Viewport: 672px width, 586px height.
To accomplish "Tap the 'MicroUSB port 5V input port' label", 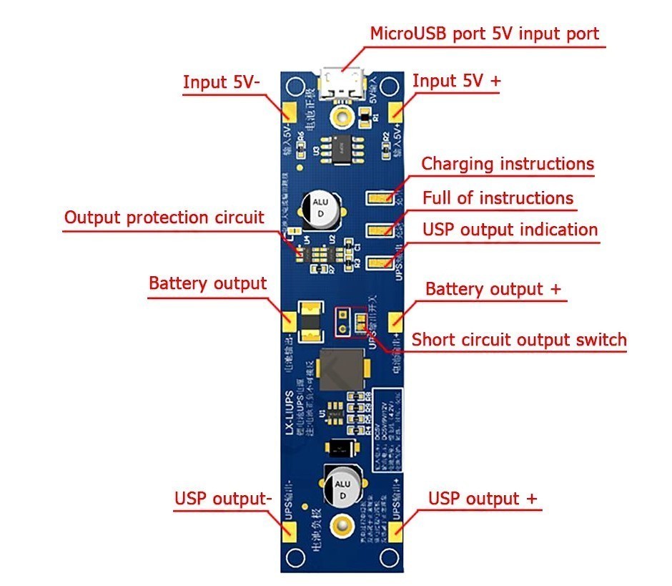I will click(x=484, y=34).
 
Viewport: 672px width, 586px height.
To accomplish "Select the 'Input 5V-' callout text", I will click(x=222, y=82).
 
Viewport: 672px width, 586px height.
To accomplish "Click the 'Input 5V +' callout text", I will click(x=457, y=81).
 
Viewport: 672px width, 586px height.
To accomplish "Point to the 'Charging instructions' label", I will click(x=508, y=164).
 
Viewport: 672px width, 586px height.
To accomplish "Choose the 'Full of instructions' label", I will click(x=498, y=197).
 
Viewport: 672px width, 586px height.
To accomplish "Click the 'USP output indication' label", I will click(x=510, y=230).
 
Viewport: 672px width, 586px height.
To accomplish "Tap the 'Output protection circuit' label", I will click(x=164, y=217).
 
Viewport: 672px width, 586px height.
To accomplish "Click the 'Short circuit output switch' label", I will click(x=519, y=339).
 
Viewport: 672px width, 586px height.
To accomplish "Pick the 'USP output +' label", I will click(x=483, y=498).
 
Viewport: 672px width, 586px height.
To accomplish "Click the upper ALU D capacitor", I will click(x=319, y=207).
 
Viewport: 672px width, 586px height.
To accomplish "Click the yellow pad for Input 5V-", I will click(x=290, y=112).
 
